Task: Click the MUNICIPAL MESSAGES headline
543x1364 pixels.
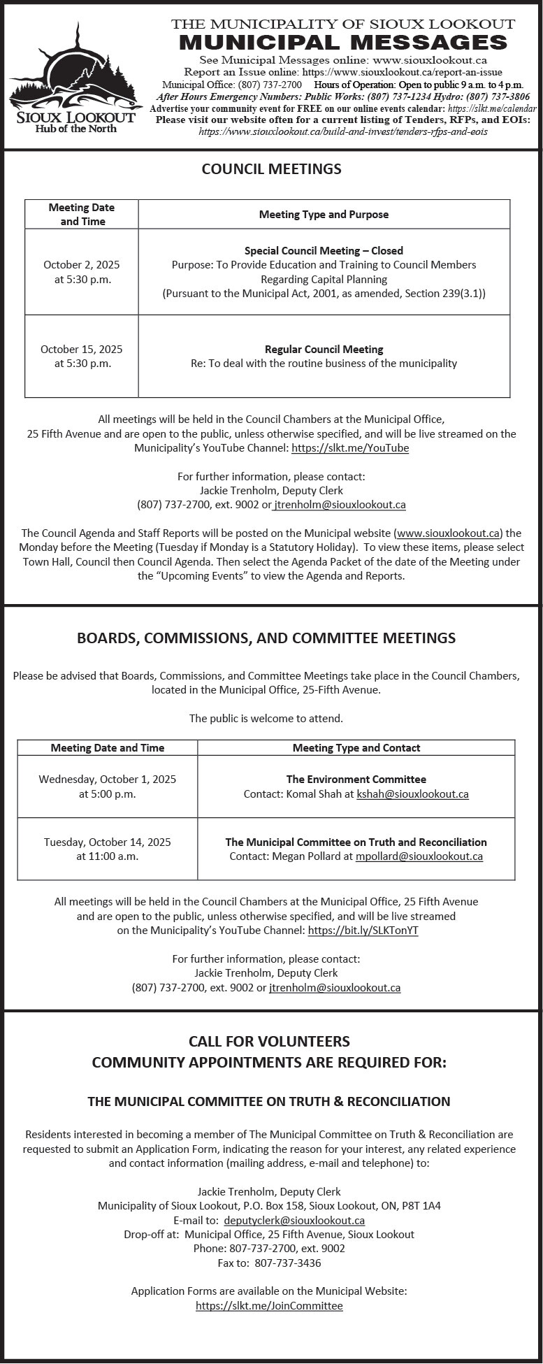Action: (343, 43)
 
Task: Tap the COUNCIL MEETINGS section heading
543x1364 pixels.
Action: (271, 168)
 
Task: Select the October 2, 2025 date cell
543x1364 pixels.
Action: (81, 272)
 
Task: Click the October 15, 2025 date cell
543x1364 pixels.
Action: (81, 356)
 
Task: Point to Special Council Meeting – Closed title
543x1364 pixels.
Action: (324, 250)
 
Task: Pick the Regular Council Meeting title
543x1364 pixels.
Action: (324, 349)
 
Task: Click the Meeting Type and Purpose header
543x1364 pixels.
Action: (324, 214)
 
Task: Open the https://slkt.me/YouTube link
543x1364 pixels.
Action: (350, 448)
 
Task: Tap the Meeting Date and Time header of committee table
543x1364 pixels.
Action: (108, 748)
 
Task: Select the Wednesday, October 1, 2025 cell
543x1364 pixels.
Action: (108, 787)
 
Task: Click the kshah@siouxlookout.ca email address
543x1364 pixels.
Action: (412, 794)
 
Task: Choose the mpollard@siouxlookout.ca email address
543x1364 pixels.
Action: (419, 856)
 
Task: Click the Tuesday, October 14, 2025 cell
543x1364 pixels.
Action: (108, 849)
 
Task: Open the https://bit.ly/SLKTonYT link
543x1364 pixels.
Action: (363, 931)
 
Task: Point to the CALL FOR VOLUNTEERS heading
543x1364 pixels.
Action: (269, 1041)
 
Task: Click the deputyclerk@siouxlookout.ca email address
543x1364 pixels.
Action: (294, 1220)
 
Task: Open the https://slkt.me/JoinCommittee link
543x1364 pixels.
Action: (269, 1305)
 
